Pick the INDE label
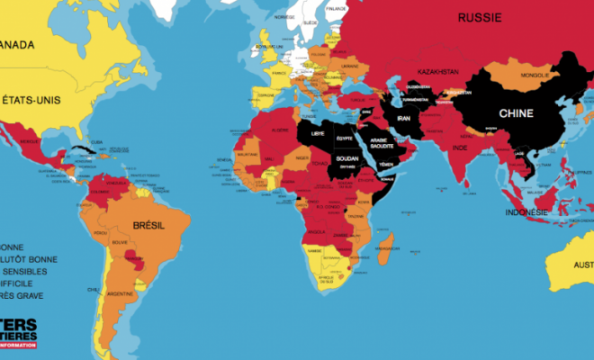pos(459,148)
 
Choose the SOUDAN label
pos(346,158)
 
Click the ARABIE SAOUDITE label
pos(383,144)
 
